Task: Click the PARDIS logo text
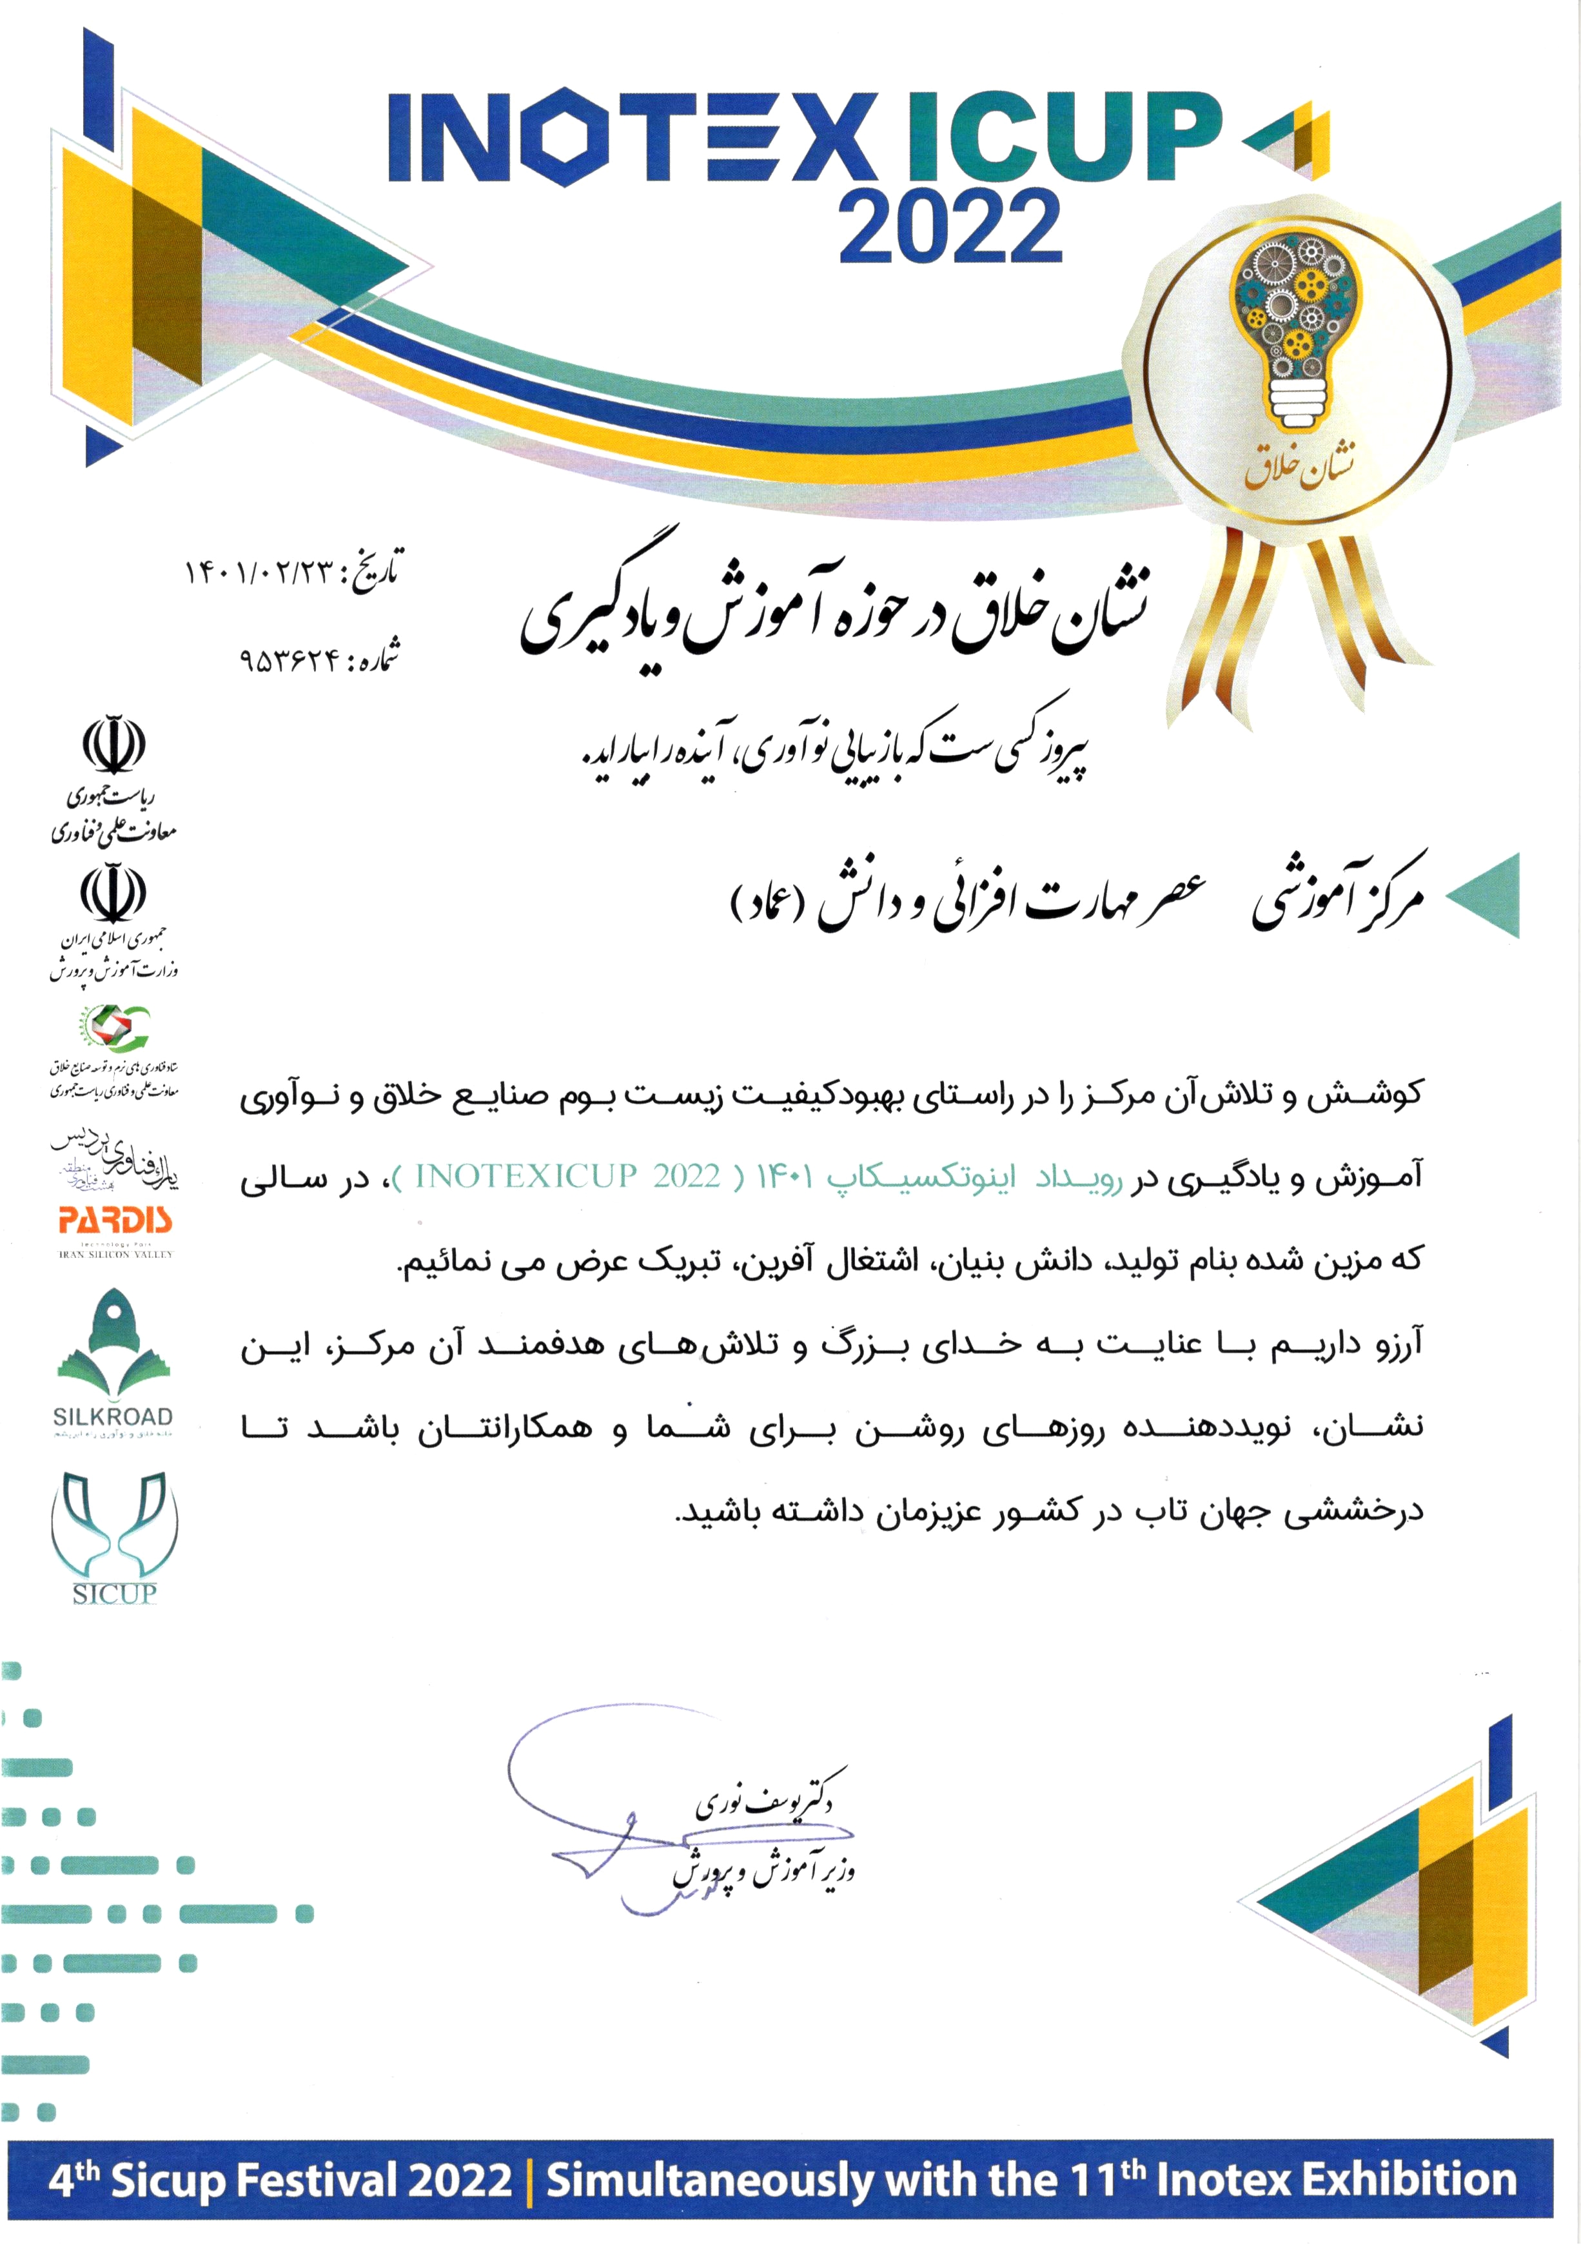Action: point(115,1221)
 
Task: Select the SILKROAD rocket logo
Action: point(113,1349)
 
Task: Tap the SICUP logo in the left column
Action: point(114,1536)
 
